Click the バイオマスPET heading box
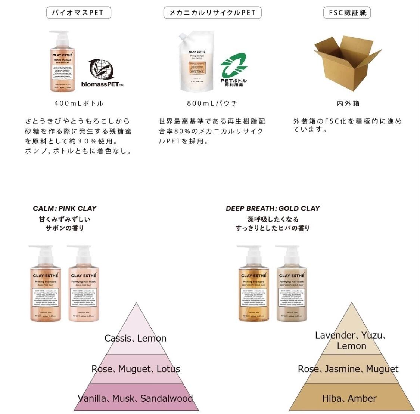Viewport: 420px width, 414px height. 78,13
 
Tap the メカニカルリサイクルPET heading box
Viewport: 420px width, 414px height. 212,13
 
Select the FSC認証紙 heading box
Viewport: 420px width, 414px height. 347,13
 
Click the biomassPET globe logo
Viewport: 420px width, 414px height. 101,70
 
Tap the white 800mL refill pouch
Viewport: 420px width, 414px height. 197,62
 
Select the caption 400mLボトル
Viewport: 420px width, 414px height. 79,103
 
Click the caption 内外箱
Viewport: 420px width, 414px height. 348,103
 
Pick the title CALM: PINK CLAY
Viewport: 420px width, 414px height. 65,208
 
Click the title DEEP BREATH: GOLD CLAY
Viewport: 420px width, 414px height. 273,208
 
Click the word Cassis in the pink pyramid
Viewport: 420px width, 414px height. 117,339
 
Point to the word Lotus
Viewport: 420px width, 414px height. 168,369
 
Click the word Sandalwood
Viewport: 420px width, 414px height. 167,398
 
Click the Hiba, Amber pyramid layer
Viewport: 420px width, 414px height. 349,398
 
